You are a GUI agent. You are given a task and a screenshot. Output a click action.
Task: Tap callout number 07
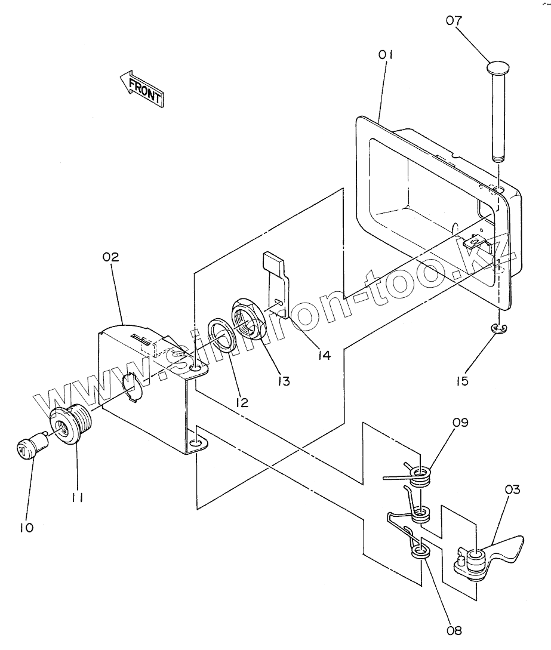pyautogui.click(x=454, y=20)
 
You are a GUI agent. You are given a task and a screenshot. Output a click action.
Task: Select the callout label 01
pyautogui.click(x=385, y=54)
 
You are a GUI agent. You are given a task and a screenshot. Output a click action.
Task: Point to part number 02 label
pyautogui.click(x=110, y=257)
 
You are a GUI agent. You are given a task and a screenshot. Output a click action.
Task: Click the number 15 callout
pyautogui.click(x=462, y=381)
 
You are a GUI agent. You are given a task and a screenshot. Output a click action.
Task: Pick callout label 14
pyautogui.click(x=324, y=355)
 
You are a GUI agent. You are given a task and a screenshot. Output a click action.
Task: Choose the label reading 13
pyautogui.click(x=284, y=381)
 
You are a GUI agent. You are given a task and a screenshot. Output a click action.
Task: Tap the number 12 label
pyautogui.click(x=242, y=402)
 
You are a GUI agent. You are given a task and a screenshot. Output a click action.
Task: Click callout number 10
pyautogui.click(x=26, y=528)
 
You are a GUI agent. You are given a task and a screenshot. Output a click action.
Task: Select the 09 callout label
pyautogui.click(x=460, y=423)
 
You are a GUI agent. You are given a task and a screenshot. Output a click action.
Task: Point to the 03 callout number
pyautogui.click(x=512, y=489)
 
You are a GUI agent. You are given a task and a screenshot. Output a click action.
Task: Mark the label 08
pyautogui.click(x=454, y=631)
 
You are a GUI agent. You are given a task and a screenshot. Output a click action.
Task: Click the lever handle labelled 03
pyautogui.click(x=490, y=557)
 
